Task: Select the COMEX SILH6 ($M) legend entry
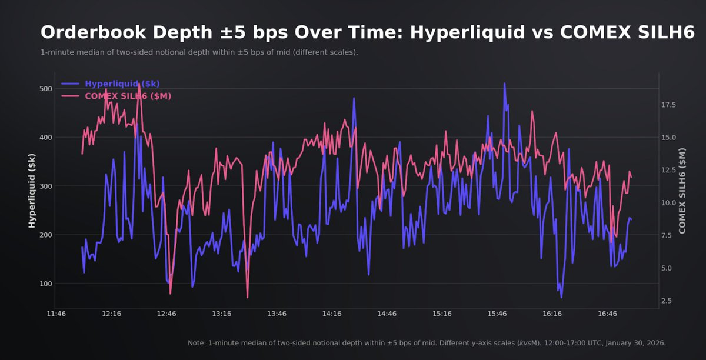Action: tap(128, 96)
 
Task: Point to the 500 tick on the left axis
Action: tap(46, 89)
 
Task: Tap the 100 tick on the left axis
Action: tap(46, 284)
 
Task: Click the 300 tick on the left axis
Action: tap(46, 186)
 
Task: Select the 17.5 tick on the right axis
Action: tap(670, 105)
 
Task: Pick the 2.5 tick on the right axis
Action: tap(667, 301)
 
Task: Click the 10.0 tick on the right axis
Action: tap(670, 203)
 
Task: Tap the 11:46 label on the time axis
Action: tap(56, 314)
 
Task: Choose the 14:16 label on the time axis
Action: tap(332, 314)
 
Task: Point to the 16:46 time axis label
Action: tap(607, 314)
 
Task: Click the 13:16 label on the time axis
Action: tap(222, 314)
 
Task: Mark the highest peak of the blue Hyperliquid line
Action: tap(504, 84)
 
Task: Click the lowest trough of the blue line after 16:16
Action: tap(561, 297)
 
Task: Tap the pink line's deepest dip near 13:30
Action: tap(248, 297)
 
